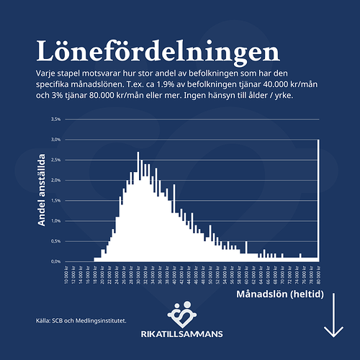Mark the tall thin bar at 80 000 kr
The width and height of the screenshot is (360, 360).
pos(318,202)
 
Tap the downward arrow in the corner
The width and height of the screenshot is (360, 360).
pos(333,318)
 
